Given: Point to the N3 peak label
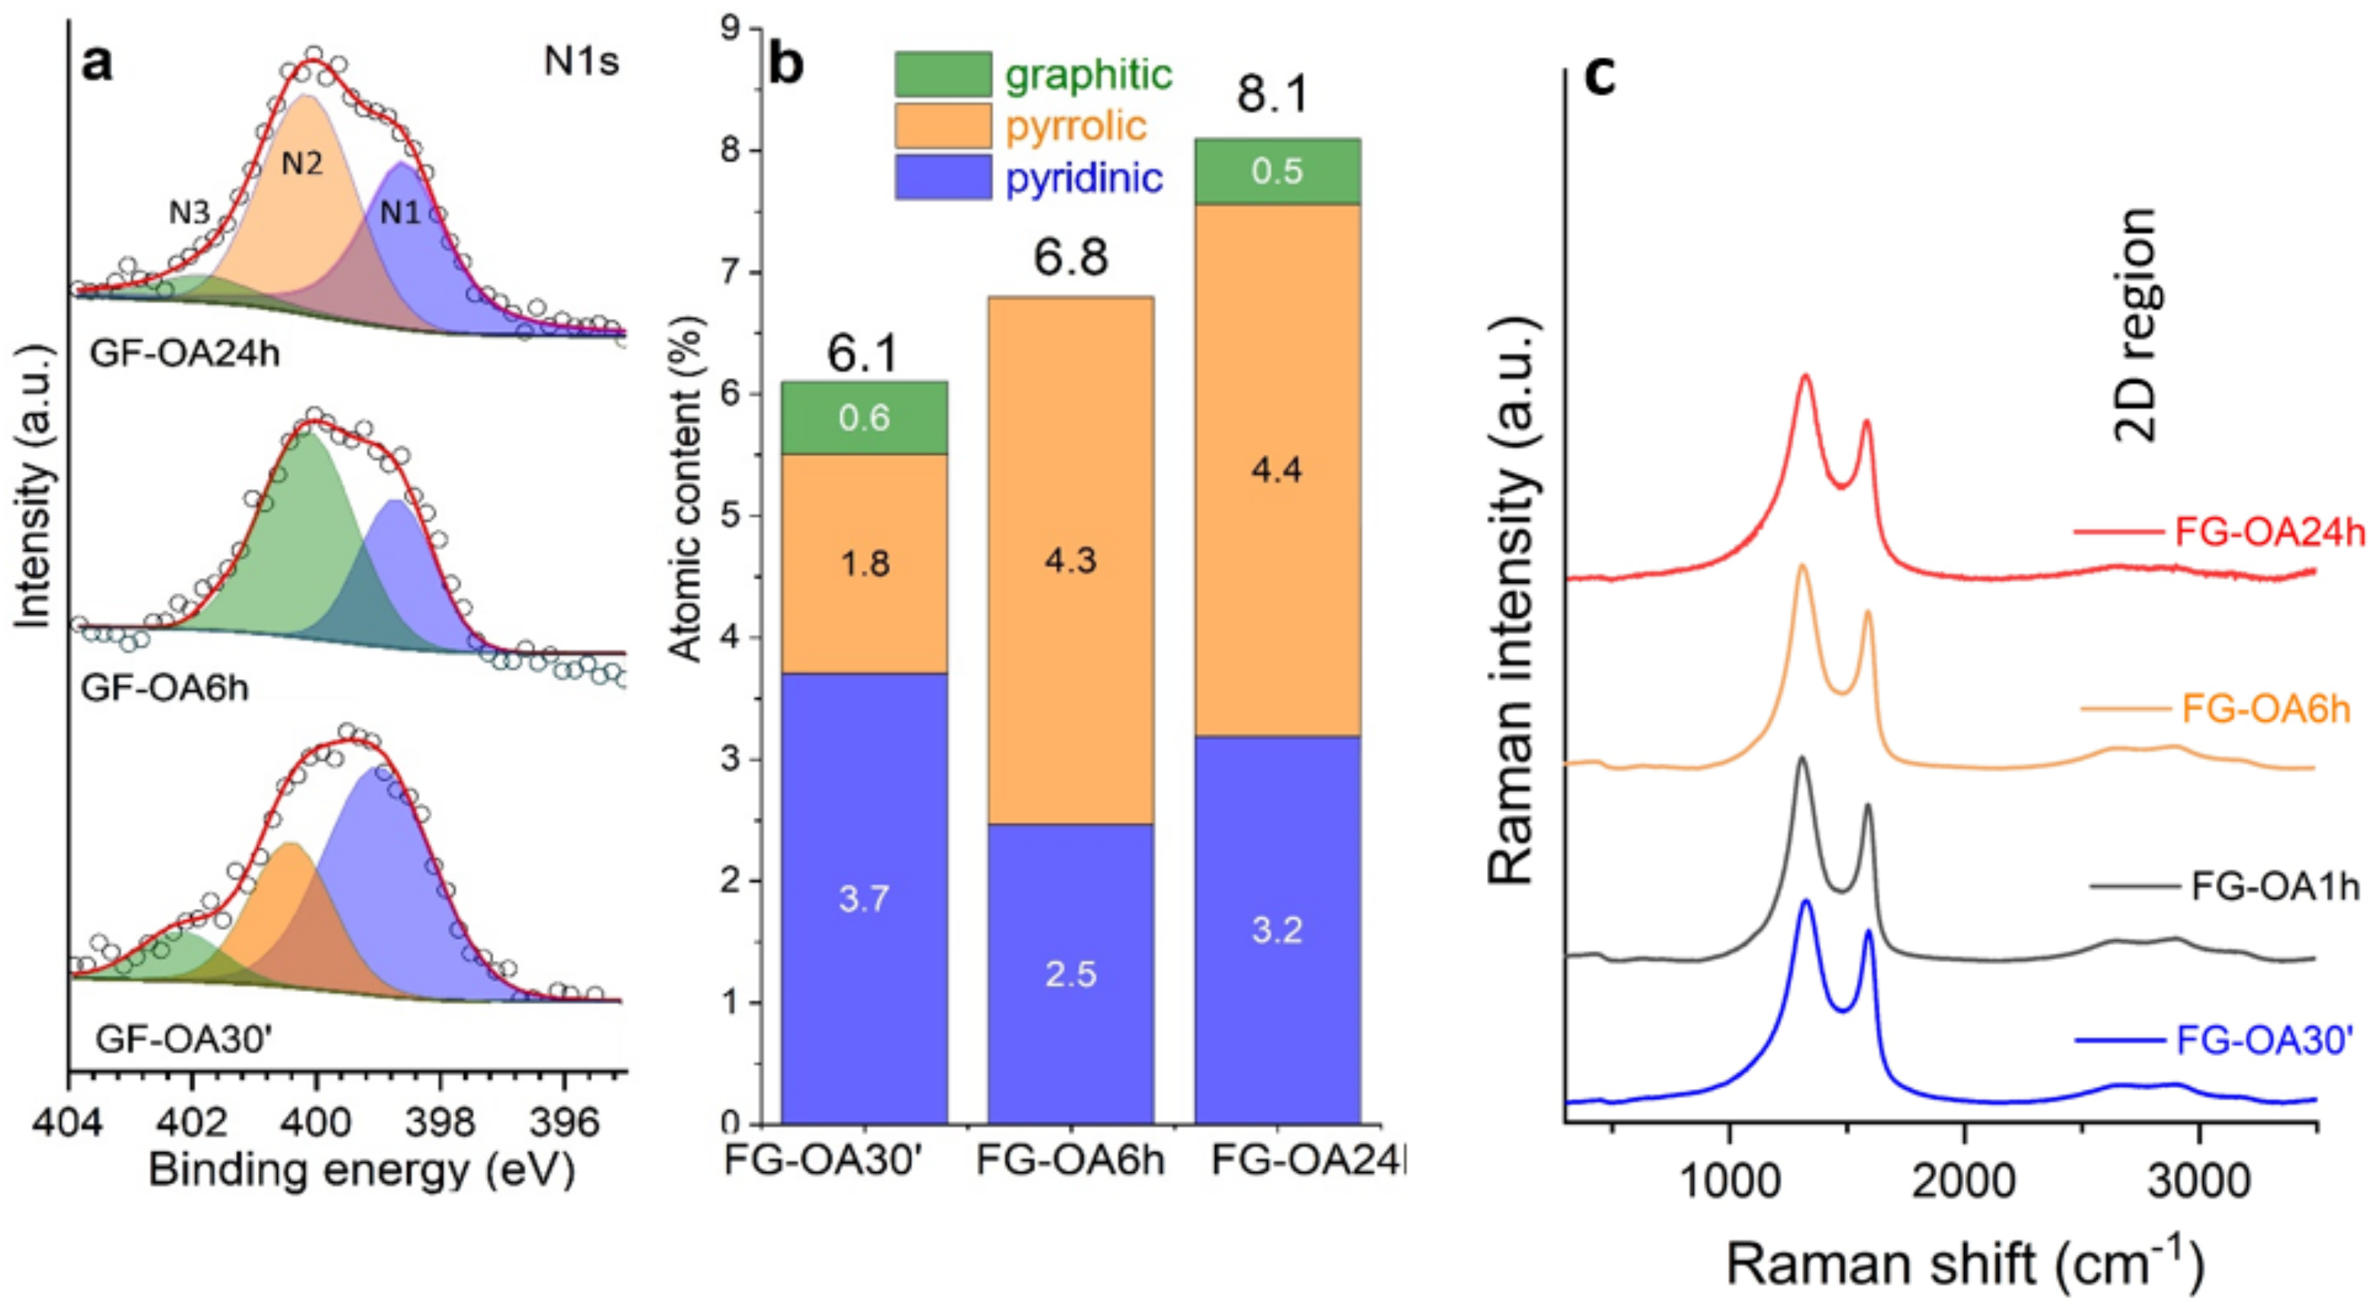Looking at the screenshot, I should pos(189,213).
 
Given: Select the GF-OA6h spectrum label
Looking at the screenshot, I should pos(165,688).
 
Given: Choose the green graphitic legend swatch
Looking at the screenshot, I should pos(943,75).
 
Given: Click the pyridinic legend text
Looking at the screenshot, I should pos(1083,177).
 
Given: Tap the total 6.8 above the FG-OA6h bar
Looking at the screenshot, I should pos(1070,258).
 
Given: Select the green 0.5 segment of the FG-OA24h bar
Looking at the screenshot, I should pos(1277,172).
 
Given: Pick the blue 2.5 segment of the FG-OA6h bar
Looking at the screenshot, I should pos(1070,974).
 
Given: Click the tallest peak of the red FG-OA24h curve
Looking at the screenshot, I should pos(1805,375).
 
